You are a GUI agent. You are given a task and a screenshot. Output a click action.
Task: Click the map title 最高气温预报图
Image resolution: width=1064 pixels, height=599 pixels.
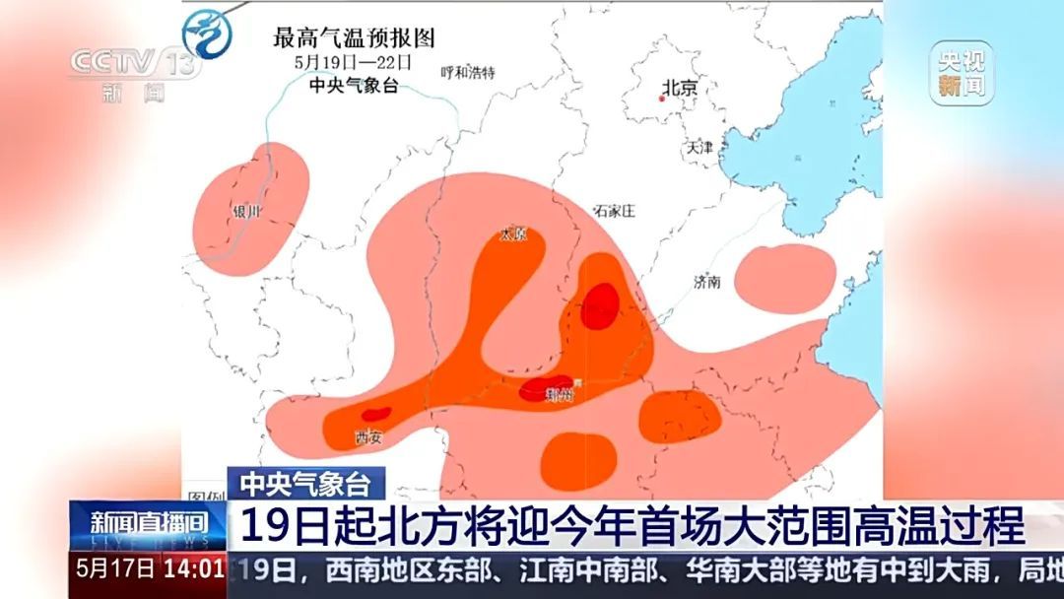point(354,38)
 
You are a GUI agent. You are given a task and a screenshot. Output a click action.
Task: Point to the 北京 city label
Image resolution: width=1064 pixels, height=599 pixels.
point(680,87)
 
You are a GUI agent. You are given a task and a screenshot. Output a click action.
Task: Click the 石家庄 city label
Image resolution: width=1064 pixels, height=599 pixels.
point(612,211)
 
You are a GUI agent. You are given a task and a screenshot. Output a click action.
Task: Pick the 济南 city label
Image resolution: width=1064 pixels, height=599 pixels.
point(706,282)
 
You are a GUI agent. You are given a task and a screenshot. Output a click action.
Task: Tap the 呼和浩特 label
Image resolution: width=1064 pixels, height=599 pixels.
point(468,72)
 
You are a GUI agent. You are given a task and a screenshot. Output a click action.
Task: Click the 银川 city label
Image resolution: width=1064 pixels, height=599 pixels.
point(246,211)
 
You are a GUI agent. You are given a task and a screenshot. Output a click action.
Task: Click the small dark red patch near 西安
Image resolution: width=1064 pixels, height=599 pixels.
point(376,415)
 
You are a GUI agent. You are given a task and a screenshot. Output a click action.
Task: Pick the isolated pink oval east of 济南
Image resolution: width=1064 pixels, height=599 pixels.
point(784,273)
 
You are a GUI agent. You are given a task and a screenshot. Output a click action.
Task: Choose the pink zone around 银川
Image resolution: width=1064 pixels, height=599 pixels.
point(251,207)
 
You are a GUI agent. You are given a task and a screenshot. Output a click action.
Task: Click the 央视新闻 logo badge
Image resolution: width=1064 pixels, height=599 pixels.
point(961,74)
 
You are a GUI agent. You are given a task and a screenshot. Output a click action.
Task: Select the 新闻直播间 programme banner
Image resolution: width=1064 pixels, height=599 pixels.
point(149,523)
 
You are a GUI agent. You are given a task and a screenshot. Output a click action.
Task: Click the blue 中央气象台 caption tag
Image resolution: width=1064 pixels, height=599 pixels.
point(306,483)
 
